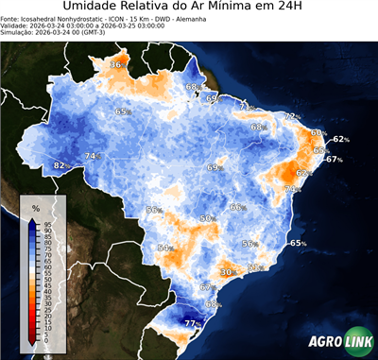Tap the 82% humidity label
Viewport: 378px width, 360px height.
(60, 165)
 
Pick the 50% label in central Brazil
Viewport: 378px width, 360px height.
(206, 219)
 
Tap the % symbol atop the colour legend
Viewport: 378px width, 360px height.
(35, 207)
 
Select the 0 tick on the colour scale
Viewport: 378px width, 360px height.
(45, 338)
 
